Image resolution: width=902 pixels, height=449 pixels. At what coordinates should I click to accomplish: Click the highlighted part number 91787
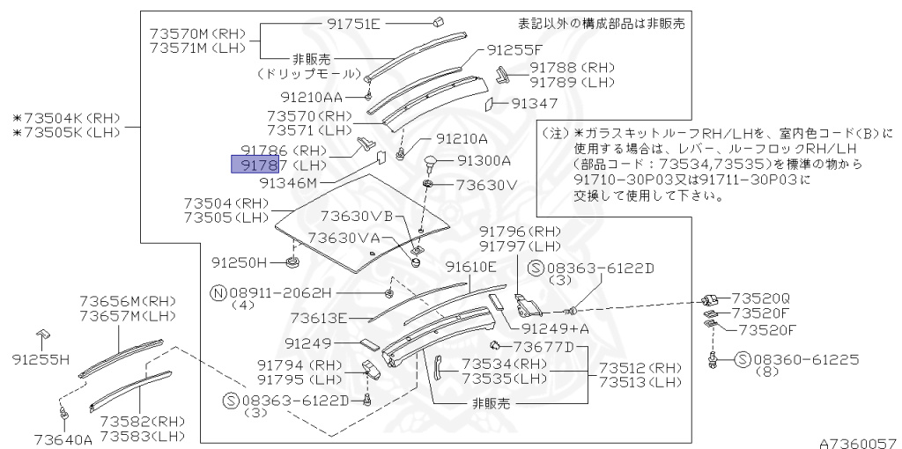255,165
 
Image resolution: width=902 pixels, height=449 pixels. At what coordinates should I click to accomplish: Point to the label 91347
535,104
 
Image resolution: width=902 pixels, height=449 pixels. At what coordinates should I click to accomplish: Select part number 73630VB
356,217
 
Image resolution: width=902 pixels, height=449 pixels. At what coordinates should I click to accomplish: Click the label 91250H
239,262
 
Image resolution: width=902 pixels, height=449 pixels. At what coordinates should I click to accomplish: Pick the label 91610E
470,267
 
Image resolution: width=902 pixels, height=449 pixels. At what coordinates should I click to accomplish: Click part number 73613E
319,318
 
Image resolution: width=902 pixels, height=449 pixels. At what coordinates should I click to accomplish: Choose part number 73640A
63,438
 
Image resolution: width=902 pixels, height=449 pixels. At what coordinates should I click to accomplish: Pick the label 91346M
288,183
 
